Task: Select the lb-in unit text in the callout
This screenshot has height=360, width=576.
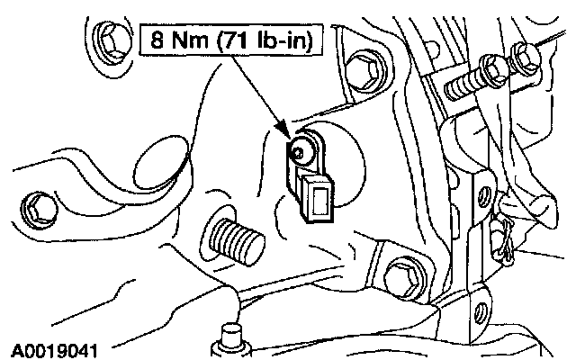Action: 283,42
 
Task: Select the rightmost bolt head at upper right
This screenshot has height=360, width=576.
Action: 521,57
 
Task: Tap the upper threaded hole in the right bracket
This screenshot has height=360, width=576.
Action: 485,193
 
